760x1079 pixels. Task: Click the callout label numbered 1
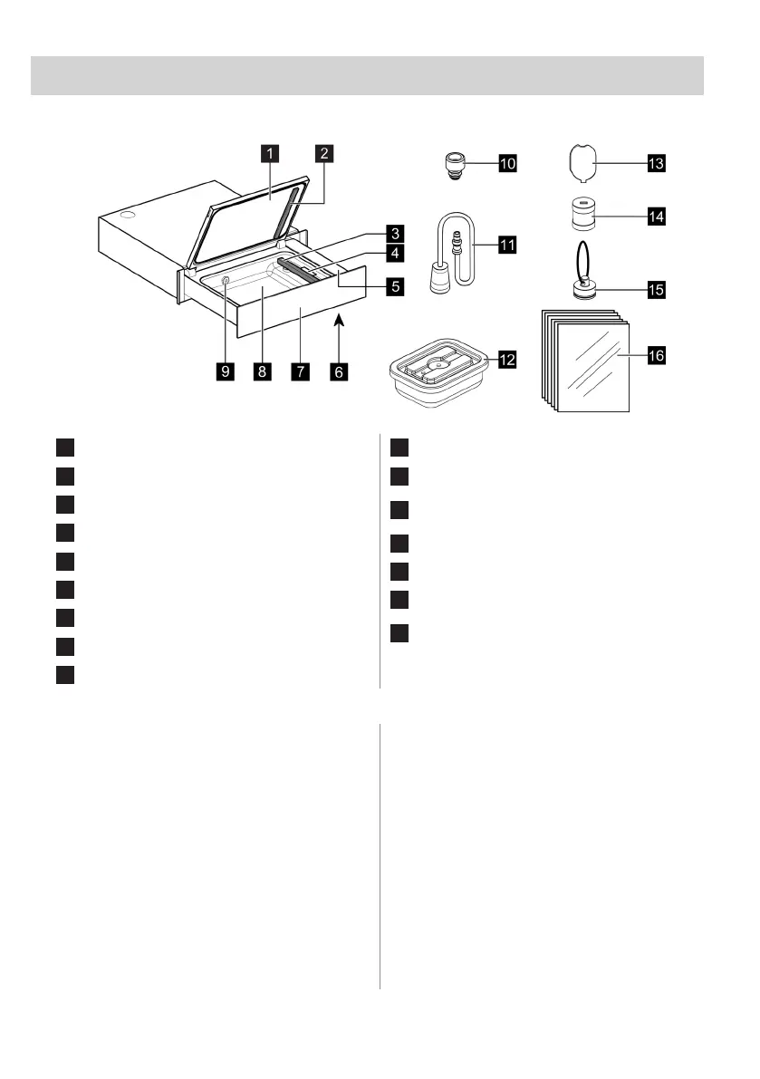point(269,154)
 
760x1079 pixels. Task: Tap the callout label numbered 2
point(322,154)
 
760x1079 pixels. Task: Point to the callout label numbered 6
point(339,371)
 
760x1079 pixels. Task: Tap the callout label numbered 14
point(655,217)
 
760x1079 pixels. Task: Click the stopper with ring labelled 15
point(584,285)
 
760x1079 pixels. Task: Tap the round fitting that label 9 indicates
point(225,284)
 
